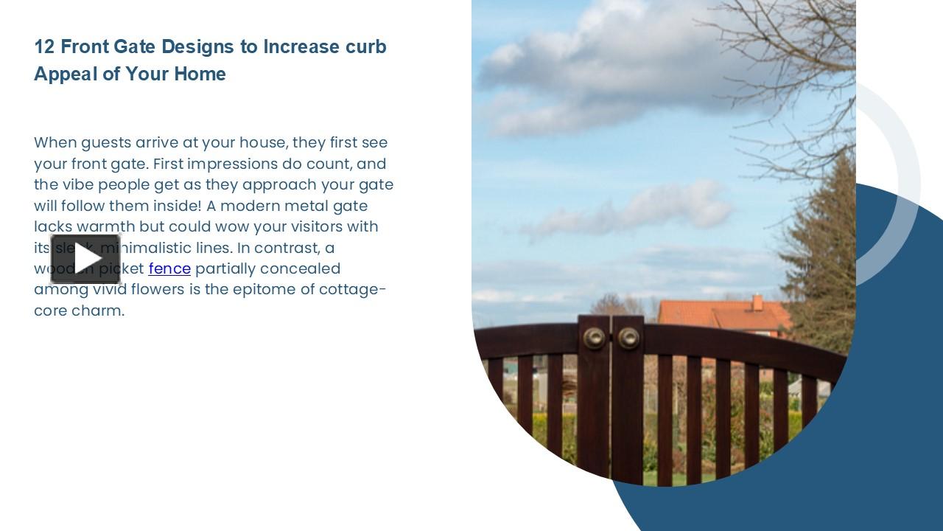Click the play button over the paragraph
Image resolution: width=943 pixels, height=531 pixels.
(x=85, y=259)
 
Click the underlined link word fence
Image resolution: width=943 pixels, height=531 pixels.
(x=169, y=268)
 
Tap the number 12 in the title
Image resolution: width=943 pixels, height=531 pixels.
(x=44, y=46)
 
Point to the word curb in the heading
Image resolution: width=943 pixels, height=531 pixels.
(x=365, y=46)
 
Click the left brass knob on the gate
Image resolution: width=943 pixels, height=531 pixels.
(x=594, y=338)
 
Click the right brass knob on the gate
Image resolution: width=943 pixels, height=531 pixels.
(x=628, y=338)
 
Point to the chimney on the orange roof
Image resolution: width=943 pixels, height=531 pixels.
(x=757, y=302)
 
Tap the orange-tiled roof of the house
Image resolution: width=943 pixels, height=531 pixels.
(x=722, y=315)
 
